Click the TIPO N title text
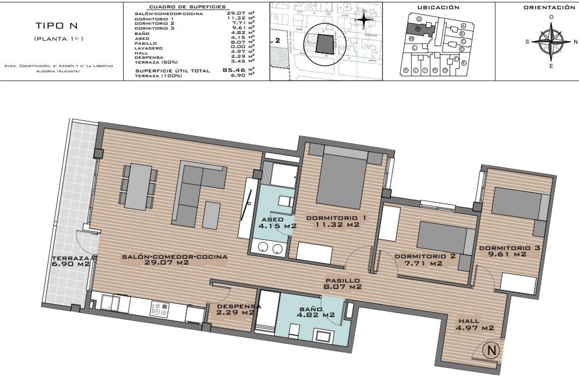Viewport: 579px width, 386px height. pyautogui.click(x=57, y=26)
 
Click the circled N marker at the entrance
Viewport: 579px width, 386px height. pyautogui.click(x=491, y=350)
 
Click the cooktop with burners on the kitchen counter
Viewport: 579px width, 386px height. pyautogui.click(x=160, y=310)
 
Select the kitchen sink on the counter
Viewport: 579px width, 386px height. pyautogui.click(x=110, y=303)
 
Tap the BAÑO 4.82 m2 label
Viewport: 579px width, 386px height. pyautogui.click(x=311, y=312)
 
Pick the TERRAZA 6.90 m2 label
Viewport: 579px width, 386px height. pyautogui.click(x=71, y=261)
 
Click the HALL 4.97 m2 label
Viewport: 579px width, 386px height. pyautogui.click(x=475, y=324)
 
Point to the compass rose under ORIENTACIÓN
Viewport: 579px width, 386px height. pyautogui.click(x=551, y=42)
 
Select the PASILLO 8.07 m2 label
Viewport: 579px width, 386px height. pyautogui.click(x=342, y=284)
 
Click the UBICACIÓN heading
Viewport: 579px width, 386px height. pyautogui.click(x=438, y=8)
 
